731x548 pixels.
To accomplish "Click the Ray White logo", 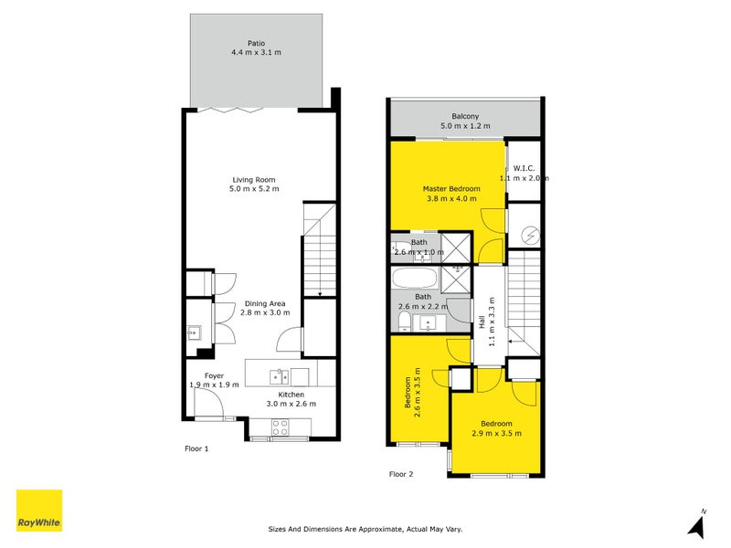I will (39, 511).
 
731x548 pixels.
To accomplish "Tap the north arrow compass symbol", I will (698, 524).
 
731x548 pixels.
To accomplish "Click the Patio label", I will (256, 42).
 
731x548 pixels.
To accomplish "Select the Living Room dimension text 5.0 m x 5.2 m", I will (254, 189).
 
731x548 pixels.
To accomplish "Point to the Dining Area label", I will (264, 302).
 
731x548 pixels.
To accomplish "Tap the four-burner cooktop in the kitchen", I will (280, 425).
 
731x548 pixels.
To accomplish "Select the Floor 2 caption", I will (401, 474).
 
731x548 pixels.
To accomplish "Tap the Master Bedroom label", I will (450, 189).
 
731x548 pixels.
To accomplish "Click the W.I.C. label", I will (524, 168).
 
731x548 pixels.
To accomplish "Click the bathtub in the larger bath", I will (417, 279).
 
